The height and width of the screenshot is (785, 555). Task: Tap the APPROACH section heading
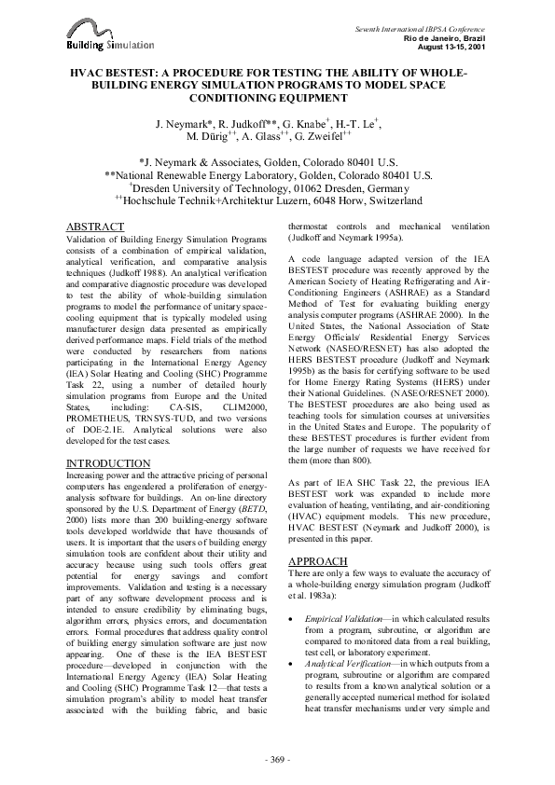click(319, 560)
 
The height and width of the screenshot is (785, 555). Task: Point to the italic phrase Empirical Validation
click(343, 605)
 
